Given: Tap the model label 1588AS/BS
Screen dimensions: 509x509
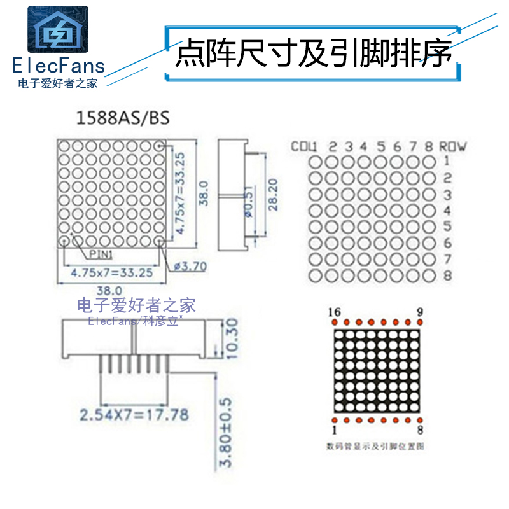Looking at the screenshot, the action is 123,118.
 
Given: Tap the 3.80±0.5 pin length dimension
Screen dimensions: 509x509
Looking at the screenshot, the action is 232,433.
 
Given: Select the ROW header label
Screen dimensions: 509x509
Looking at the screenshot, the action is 453,146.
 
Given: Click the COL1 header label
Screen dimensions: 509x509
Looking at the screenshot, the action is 304,146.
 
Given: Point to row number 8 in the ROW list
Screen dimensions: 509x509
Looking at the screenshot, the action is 447,276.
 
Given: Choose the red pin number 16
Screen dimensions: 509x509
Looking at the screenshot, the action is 333,312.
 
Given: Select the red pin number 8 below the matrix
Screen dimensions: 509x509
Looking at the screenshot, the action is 421,431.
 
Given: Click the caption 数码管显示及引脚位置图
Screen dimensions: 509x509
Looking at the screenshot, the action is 375,446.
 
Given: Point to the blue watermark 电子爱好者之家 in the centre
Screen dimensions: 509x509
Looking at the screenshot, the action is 136,305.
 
